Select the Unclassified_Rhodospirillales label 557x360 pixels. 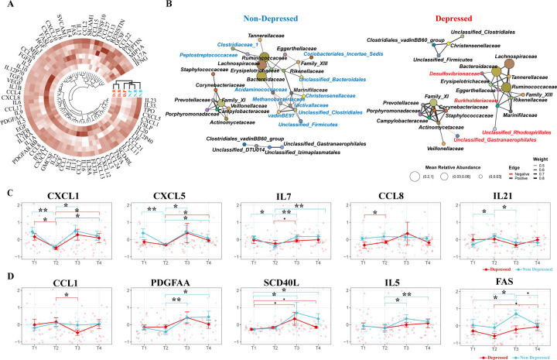[x=514, y=132]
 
